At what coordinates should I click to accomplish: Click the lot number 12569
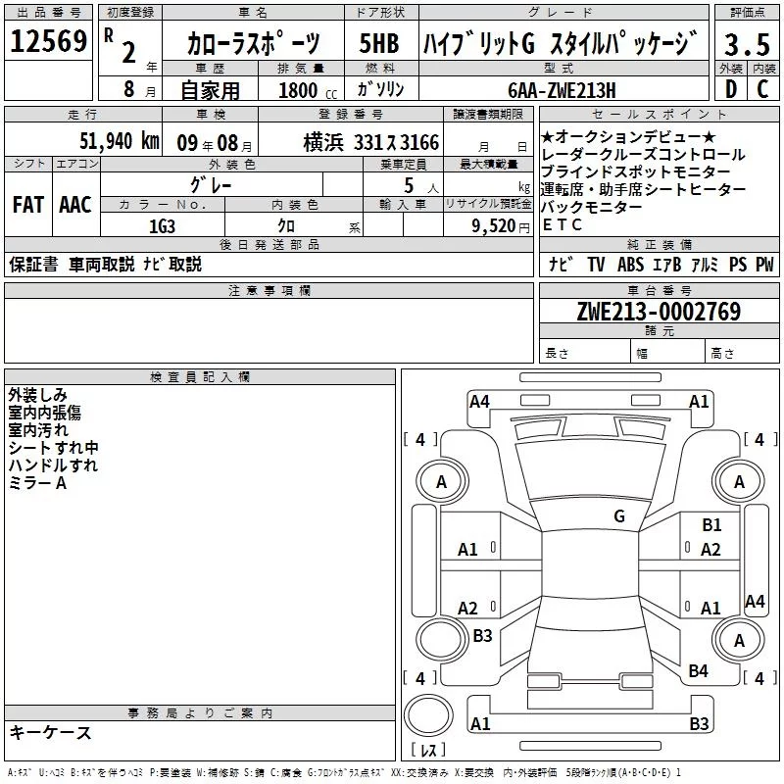click(x=48, y=41)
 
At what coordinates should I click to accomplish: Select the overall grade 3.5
click(x=747, y=44)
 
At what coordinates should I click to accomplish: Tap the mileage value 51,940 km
click(x=120, y=141)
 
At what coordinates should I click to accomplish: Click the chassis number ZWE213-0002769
click(x=659, y=311)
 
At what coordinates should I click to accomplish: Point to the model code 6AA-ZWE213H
click(x=562, y=90)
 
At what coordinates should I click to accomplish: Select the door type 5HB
click(x=379, y=43)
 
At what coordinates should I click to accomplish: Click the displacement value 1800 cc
click(x=308, y=90)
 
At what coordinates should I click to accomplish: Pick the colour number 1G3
click(x=162, y=226)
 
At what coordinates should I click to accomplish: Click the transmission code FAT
click(x=28, y=205)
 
